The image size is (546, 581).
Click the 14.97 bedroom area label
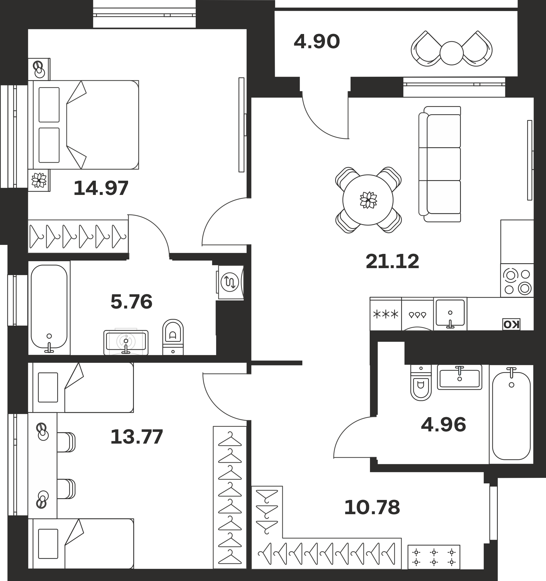[x=101, y=188]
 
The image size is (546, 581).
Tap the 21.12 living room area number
[x=392, y=261]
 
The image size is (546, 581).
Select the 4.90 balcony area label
[x=317, y=42]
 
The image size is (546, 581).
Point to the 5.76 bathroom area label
[x=132, y=302]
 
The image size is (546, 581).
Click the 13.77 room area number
[x=136, y=437]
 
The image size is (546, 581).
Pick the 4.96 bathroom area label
[x=443, y=424]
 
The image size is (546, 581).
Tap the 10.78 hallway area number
[x=372, y=507]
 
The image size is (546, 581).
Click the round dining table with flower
[x=368, y=200]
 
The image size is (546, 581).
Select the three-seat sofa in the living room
[x=440, y=164]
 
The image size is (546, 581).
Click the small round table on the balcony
[x=451, y=53]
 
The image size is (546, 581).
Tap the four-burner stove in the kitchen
[x=517, y=280]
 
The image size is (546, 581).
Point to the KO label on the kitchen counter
[x=511, y=324]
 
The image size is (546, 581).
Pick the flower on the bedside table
[x=39, y=180]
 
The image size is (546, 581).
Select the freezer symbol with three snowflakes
[x=386, y=314]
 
